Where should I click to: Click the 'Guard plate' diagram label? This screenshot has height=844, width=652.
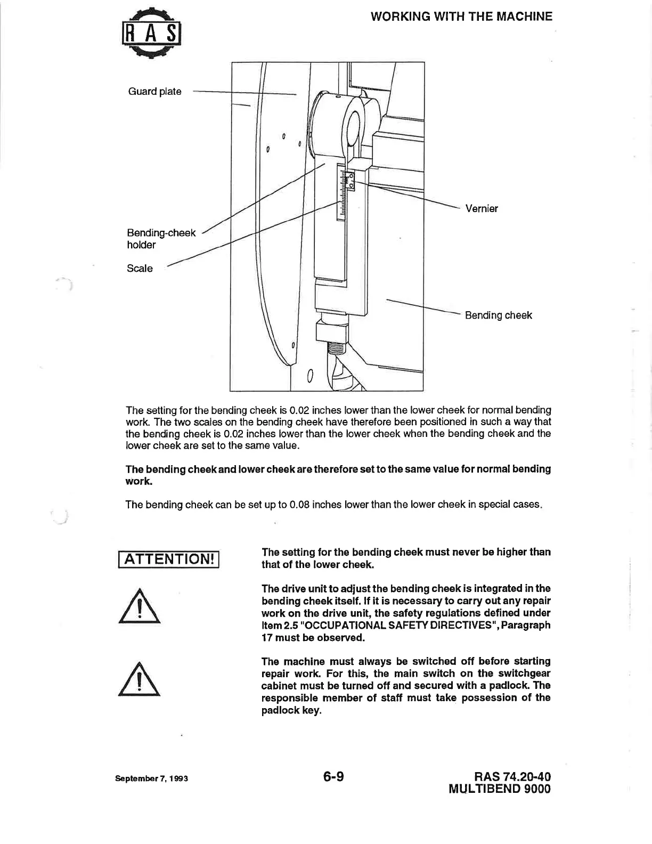tap(154, 92)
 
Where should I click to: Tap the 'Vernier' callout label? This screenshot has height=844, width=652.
tap(482, 209)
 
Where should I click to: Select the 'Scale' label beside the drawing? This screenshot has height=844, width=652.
tap(140, 269)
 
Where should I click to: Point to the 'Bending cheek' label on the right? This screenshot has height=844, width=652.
tap(498, 315)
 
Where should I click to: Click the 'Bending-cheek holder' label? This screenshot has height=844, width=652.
tap(161, 239)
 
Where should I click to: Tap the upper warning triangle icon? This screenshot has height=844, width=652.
tap(140, 606)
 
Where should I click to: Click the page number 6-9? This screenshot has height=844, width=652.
tap(333, 777)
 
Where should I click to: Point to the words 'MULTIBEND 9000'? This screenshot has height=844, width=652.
tap(500, 789)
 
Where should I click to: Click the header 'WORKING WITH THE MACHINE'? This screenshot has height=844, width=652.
tap(461, 17)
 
